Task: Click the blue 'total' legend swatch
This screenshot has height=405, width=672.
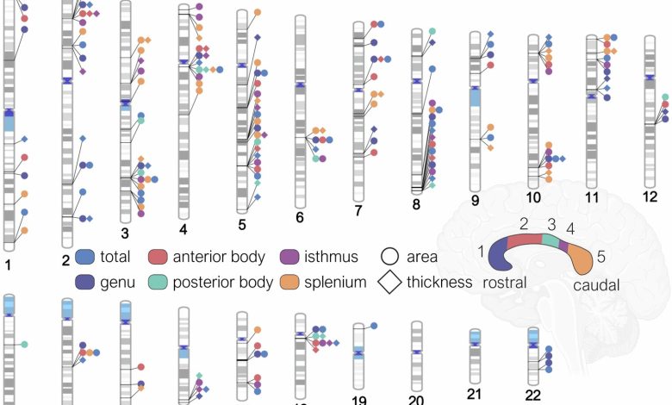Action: (84, 256)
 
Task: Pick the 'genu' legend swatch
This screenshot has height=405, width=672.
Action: (84, 280)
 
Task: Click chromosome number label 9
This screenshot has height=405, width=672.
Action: (476, 201)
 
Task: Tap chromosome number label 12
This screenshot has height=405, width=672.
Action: (650, 197)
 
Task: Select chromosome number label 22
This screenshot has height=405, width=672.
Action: (533, 394)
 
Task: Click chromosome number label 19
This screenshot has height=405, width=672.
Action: (360, 398)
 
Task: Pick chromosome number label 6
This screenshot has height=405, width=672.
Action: (300, 217)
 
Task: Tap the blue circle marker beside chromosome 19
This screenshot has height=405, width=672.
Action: (374, 325)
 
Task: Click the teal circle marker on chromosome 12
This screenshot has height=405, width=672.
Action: (664, 97)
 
